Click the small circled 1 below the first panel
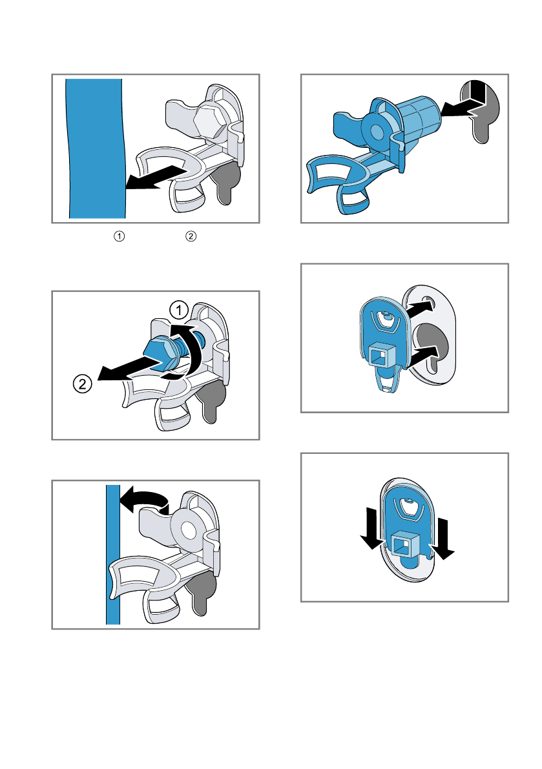(x=120, y=236)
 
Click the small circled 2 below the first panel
(x=191, y=236)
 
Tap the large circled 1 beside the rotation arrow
(x=179, y=311)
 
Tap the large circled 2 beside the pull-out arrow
(x=83, y=384)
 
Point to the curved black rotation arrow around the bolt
(x=189, y=351)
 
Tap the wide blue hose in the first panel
(x=96, y=148)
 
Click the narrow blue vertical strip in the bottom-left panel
(x=113, y=554)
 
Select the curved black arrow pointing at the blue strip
(x=143, y=499)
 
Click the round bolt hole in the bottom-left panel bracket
(x=187, y=529)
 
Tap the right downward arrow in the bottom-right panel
(x=443, y=537)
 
